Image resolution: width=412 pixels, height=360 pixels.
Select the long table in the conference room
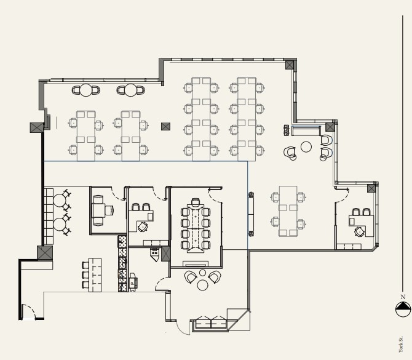(196, 227)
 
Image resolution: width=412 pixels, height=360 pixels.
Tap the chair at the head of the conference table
(196, 202)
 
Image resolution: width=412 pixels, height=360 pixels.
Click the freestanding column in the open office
(165, 127)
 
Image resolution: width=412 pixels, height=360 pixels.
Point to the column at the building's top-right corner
(290, 65)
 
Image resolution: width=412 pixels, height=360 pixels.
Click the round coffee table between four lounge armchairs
(306, 146)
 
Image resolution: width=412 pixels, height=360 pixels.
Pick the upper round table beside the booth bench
(59, 200)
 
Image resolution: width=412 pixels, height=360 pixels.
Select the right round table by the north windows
(130, 90)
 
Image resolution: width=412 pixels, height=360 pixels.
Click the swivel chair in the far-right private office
(360, 231)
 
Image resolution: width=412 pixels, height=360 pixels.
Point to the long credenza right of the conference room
(251, 213)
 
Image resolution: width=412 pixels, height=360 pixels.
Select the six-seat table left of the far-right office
(288, 210)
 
